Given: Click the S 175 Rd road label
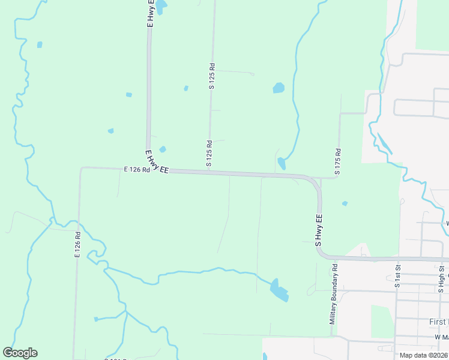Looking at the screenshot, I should [338, 161].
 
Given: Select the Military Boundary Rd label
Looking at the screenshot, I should [333, 295].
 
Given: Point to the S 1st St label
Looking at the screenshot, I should [397, 275].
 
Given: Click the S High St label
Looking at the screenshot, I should [441, 275].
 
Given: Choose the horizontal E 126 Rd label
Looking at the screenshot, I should [136, 170].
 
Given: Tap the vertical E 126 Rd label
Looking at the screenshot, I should [77, 245].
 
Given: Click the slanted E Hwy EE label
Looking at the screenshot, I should [157, 163].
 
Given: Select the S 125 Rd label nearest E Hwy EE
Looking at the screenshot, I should [209, 153].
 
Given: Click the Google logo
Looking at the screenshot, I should [20, 353].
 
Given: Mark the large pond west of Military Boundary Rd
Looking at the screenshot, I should [278, 290].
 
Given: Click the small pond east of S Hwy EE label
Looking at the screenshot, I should [345, 203].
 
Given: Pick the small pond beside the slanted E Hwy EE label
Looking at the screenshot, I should [163, 149].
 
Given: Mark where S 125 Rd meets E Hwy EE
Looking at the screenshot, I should [209, 172].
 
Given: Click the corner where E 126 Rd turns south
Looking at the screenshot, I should [81, 169].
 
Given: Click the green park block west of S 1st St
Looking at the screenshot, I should [382, 321].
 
